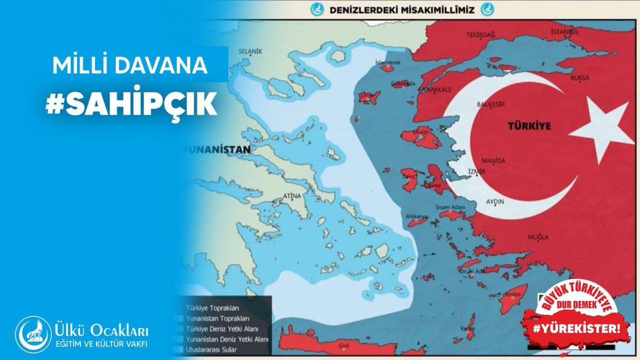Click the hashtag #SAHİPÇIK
click(131, 104)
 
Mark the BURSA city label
click(580, 78)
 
